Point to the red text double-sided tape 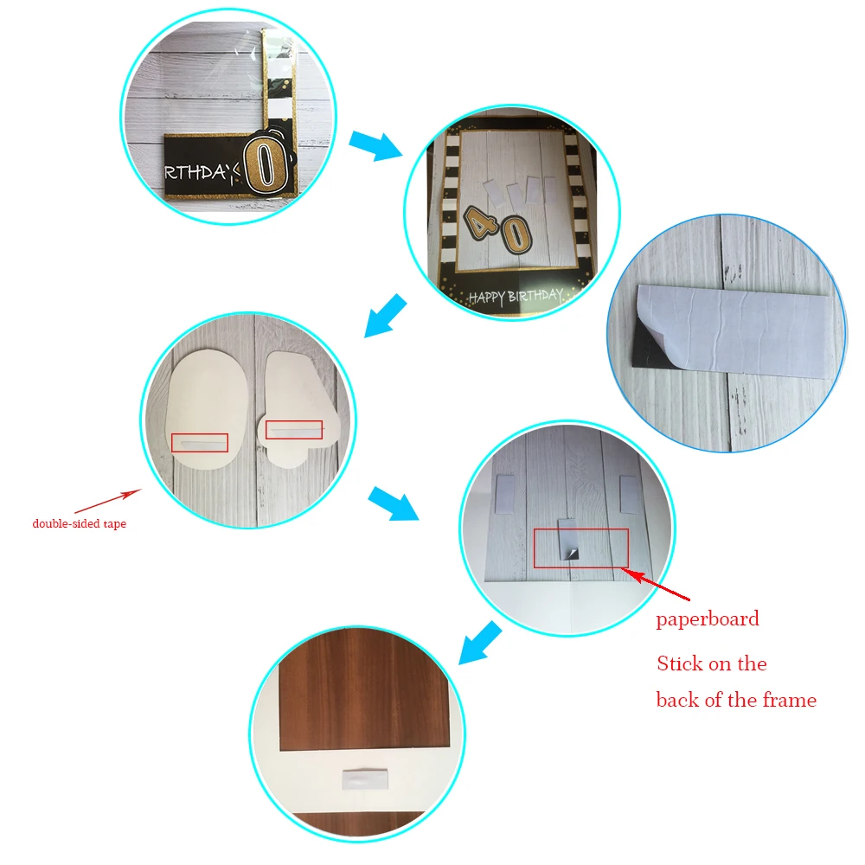tap(79, 523)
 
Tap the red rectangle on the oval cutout tap(199, 442)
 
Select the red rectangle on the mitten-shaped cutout tap(293, 429)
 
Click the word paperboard tap(707, 619)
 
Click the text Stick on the tap(711, 663)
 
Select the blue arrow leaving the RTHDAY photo tap(375, 144)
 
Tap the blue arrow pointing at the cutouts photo tap(385, 314)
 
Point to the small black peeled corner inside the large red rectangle tap(571, 554)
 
